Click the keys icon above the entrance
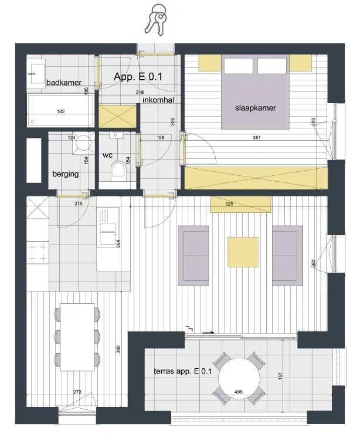point(155,19)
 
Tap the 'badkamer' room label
point(64,83)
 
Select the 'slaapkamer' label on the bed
point(255,108)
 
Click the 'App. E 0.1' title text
point(138,77)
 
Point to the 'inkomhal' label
point(158,100)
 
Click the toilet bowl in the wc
point(118,171)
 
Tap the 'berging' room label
point(66,174)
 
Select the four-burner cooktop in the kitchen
point(38,253)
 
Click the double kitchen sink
point(107,231)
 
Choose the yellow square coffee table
point(243,252)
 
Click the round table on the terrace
point(239,378)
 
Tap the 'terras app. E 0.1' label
point(183,371)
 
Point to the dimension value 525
point(229,204)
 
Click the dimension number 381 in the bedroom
point(256,137)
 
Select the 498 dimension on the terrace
point(238,392)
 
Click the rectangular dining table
point(77,337)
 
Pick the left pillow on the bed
point(239,66)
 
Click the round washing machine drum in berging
point(83,142)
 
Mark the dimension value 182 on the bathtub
point(60,111)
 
